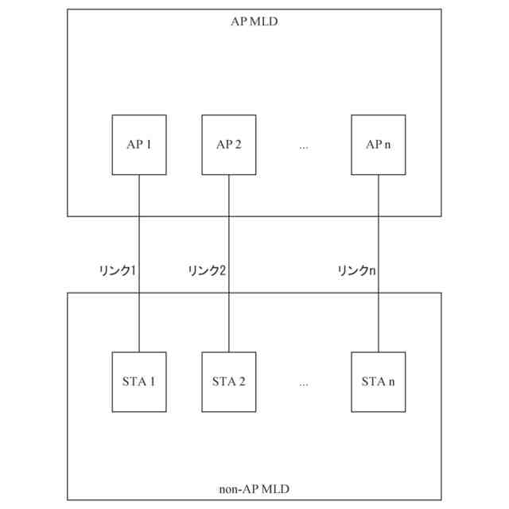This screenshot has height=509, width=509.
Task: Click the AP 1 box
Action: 139,145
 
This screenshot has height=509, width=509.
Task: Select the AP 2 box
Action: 229,145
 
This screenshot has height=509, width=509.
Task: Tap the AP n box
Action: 378,145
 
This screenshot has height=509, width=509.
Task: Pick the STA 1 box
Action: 139,382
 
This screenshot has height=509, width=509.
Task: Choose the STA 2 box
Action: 229,382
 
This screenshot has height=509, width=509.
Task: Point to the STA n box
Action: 378,382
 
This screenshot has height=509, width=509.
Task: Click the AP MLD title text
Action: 254,21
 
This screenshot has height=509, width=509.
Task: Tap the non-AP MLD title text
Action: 254,488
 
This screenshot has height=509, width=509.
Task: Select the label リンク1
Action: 118,271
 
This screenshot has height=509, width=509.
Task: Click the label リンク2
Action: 208,271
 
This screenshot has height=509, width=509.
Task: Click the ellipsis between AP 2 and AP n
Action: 304,146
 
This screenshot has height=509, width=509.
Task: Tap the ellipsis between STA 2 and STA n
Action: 304,383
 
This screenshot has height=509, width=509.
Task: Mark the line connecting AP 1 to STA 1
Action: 139,239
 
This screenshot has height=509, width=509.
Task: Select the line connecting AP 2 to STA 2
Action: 229,239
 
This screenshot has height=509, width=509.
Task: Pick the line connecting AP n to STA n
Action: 378,239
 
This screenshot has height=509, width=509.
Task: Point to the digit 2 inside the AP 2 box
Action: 239,145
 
